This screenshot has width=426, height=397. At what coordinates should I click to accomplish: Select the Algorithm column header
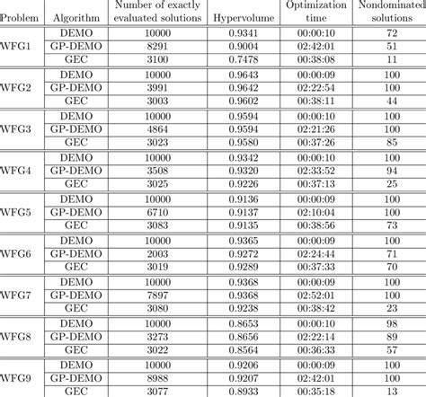pyautogui.click(x=70, y=17)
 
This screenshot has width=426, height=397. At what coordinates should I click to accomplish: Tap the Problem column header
pyautogui.click(x=21, y=17)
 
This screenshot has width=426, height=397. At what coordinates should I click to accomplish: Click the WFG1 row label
pyautogui.click(x=21, y=47)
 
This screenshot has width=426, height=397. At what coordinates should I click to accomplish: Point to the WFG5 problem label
pyautogui.click(x=21, y=216)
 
